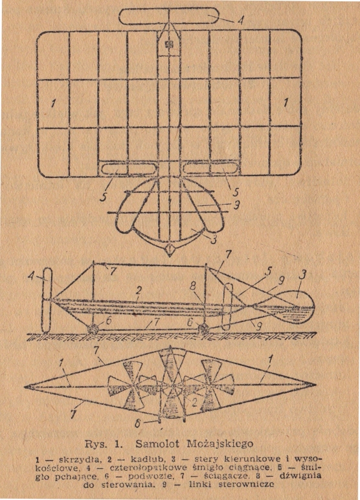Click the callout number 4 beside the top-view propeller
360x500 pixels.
[240, 21]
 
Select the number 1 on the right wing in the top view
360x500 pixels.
[286, 103]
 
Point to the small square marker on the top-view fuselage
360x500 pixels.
[168, 44]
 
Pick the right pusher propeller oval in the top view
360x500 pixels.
[211, 168]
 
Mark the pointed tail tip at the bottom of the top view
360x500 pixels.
[170, 256]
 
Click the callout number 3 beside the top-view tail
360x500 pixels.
[213, 240]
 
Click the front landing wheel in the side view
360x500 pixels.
[93, 328]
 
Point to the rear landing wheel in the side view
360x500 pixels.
[203, 329]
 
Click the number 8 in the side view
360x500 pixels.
[192, 287]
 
